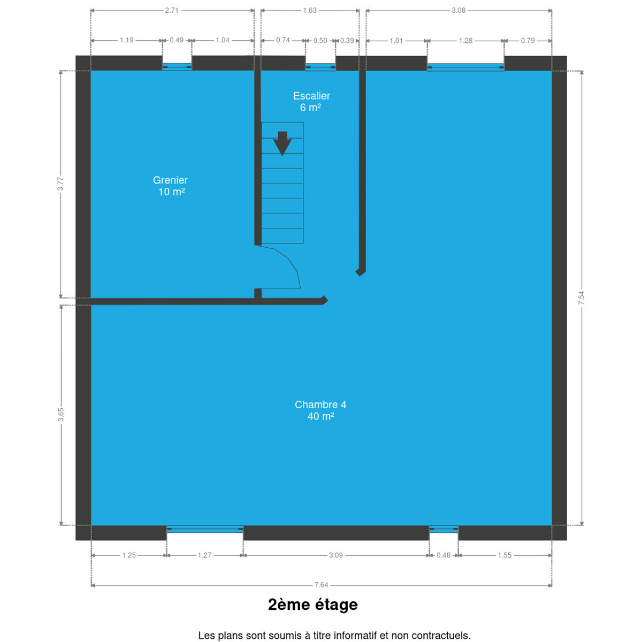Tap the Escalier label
coord(311,96)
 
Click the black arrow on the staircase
coord(282,143)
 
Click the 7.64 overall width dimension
coord(321,585)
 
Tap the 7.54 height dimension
coord(582,297)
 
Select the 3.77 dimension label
coord(60,184)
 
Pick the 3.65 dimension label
coord(61,415)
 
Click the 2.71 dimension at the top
coord(172,10)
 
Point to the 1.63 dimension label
coord(310,10)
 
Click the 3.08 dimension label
coord(458,10)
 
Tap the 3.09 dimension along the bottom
coord(336,555)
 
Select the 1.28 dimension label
coord(465,41)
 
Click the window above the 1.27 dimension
coord(205,529)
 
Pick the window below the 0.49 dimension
coord(177,67)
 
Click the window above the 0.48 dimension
coord(444,529)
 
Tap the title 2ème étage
coord(313,605)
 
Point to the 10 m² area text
coord(172,192)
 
